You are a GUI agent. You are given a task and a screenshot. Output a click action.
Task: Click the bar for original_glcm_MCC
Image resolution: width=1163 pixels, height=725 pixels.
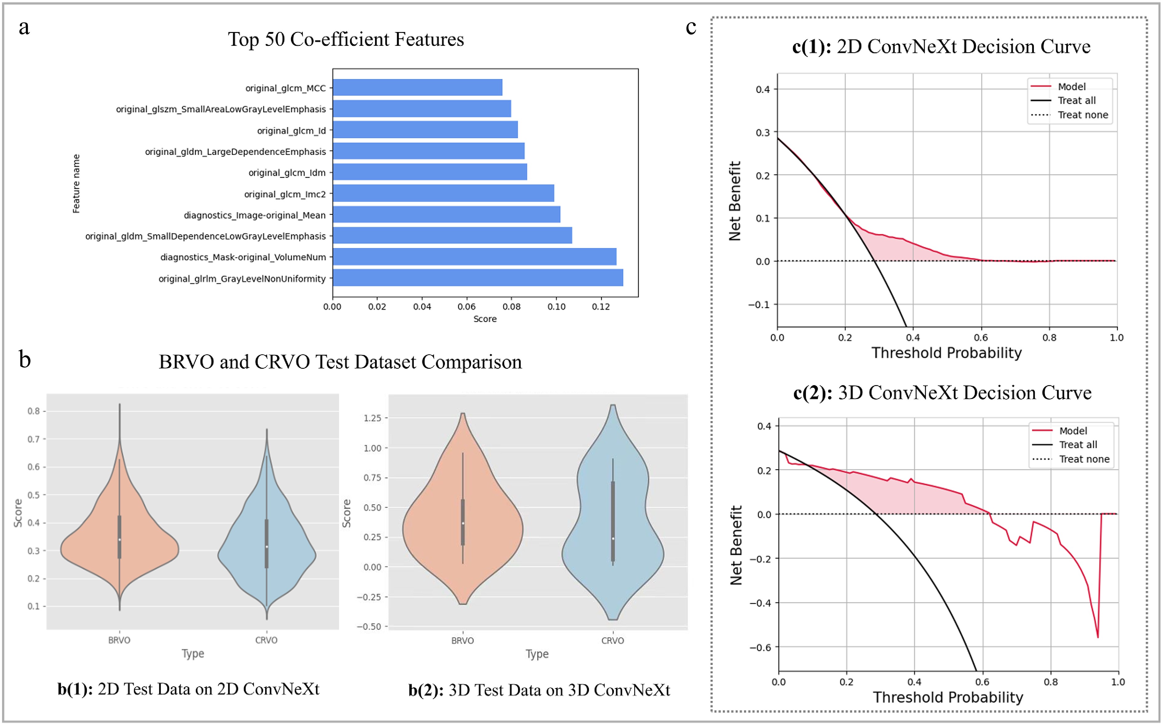418,87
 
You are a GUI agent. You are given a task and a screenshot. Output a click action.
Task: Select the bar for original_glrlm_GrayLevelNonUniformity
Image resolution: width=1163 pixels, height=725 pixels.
478,278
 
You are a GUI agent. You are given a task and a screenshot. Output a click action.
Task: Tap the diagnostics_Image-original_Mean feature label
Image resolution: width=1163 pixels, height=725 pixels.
254,215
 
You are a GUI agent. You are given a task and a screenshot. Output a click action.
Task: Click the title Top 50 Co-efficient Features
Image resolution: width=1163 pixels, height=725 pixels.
346,39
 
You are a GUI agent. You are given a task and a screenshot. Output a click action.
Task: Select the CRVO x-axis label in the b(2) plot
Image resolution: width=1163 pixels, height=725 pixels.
612,641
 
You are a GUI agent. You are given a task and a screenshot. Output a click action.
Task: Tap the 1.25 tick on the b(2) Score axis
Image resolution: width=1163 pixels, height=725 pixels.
372,418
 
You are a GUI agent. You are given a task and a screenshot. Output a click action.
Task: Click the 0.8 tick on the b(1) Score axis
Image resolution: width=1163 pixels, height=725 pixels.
34,411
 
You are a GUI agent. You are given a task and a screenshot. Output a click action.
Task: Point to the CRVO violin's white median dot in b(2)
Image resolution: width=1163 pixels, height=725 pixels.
613,538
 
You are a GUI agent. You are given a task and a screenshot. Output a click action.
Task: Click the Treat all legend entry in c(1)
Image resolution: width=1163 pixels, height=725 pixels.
1076,101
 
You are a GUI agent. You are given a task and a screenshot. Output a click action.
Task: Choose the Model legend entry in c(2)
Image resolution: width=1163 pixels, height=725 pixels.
1073,431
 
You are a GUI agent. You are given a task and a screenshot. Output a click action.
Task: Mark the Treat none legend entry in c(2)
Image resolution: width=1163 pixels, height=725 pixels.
1084,459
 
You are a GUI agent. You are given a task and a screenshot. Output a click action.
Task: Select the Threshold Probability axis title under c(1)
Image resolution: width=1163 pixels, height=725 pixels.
946,353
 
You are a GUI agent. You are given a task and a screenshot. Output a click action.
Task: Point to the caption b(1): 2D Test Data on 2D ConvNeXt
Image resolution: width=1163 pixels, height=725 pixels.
188,689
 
